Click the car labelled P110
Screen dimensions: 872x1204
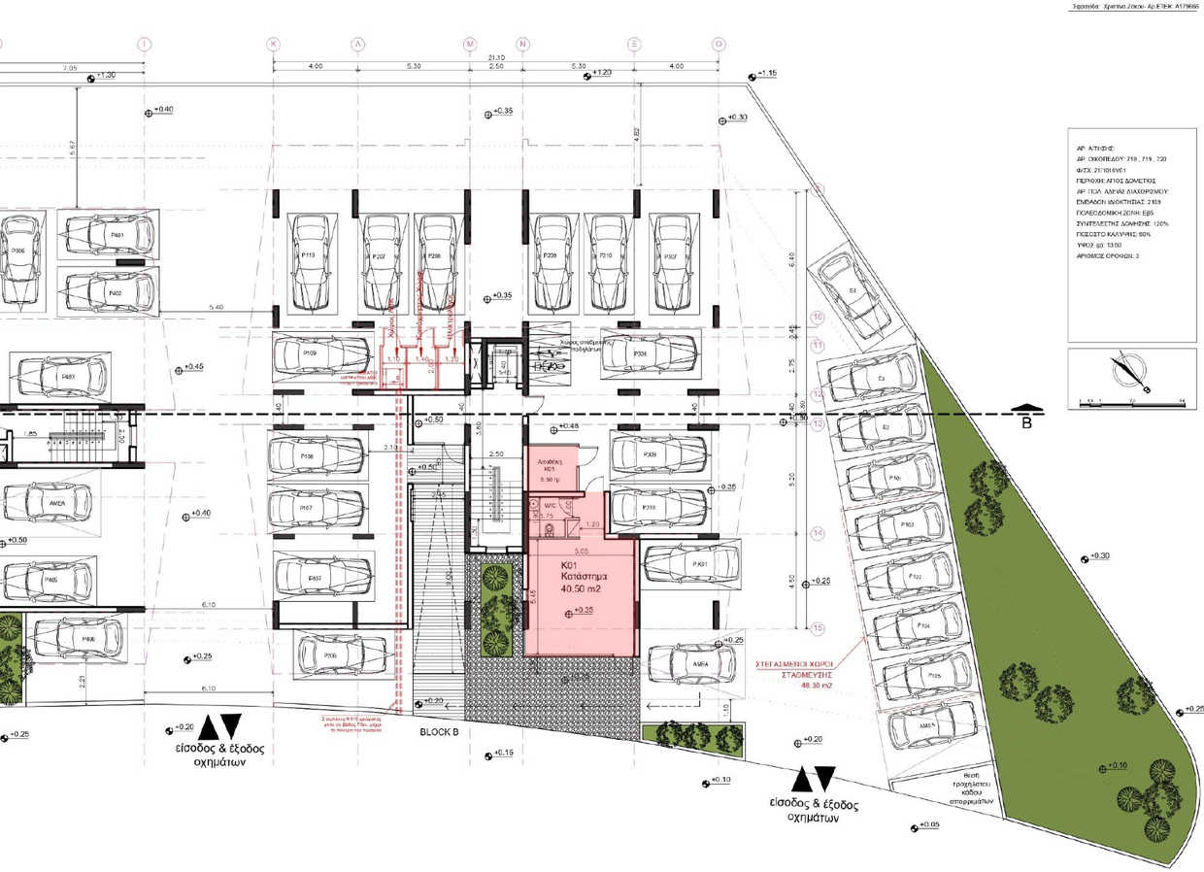(x=310, y=254)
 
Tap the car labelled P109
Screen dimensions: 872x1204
(x=310, y=354)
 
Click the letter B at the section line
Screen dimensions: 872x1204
(x=1027, y=424)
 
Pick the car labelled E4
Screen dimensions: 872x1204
(x=852, y=289)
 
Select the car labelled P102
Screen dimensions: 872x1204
(x=905, y=525)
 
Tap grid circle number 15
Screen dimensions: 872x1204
(x=818, y=628)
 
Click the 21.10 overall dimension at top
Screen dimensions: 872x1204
(x=495, y=58)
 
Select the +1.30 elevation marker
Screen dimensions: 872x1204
(x=101, y=76)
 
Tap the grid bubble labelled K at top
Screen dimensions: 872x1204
(x=274, y=45)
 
